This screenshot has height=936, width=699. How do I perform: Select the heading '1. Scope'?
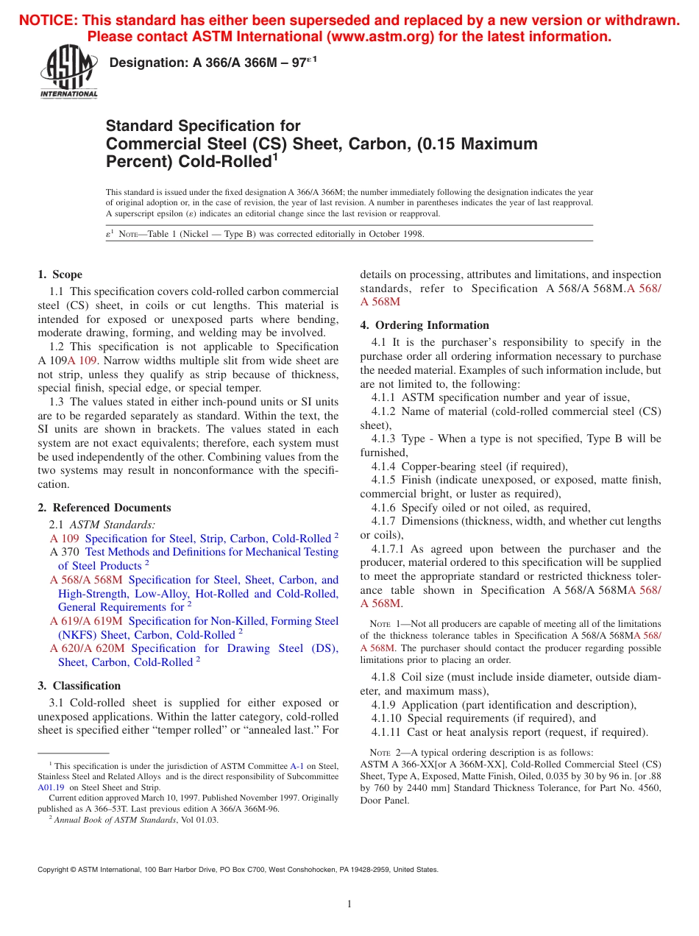coord(60,274)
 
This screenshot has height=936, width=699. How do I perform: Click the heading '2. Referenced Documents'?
coord(104,508)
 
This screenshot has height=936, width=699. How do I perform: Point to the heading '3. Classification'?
coord(79,686)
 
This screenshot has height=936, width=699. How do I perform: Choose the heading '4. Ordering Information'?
coord(425,325)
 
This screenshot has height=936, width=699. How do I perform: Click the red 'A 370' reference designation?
coord(65,552)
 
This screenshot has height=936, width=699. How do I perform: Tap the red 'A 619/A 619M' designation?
coord(87,621)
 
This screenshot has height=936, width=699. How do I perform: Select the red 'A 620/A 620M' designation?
coord(88,648)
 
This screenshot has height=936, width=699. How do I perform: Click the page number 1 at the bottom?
coord(349,904)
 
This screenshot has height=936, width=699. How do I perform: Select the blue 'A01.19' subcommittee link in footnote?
coord(51,786)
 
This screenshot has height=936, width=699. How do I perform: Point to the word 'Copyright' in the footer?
coord(52,869)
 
